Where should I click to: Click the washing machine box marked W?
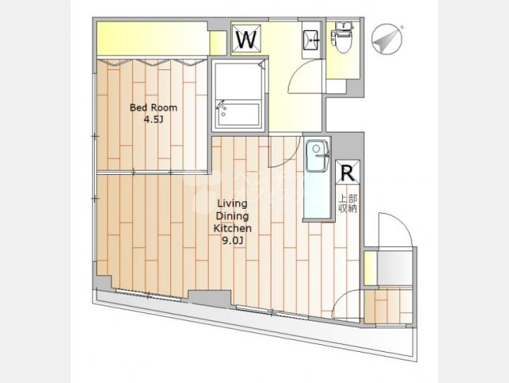(247, 38)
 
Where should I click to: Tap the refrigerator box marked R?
(347, 172)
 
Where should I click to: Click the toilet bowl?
(342, 38)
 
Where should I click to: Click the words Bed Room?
(153, 108)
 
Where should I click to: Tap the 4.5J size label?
(153, 120)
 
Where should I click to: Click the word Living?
(232, 204)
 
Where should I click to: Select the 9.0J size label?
(232, 241)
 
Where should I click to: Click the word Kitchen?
(233, 228)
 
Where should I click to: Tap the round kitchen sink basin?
(316, 149)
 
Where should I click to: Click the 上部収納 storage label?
(348, 203)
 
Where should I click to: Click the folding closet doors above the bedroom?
(152, 62)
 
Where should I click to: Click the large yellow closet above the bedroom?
(152, 38)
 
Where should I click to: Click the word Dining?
(232, 217)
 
